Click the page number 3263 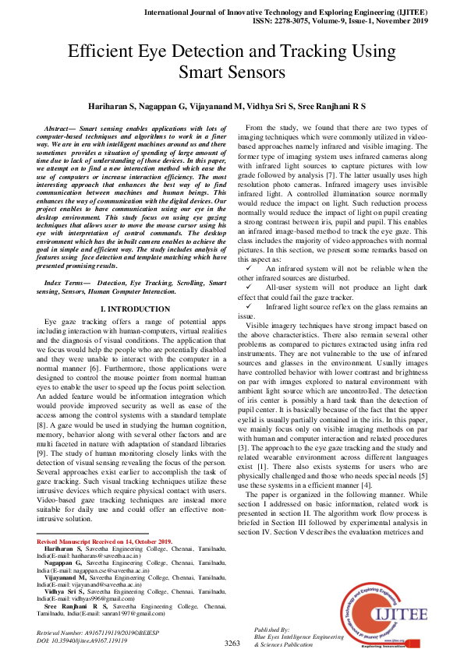pyautogui.click(x=232, y=644)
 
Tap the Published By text pyautogui.click(x=272, y=629)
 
